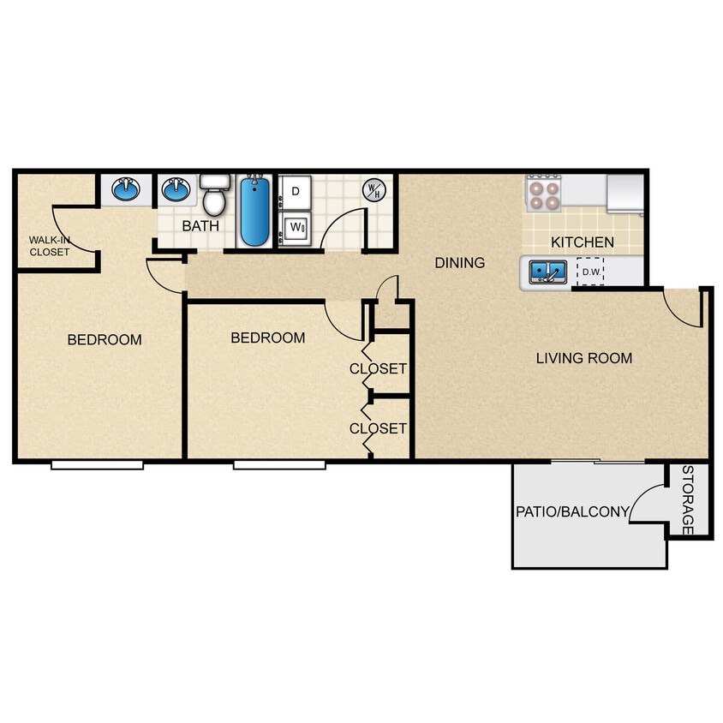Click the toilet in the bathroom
pos(214,196)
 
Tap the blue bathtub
pos(253,211)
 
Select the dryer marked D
pos(296,192)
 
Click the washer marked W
pos(296,228)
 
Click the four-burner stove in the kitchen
pos(543,192)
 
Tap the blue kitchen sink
pos(547,272)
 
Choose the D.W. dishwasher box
pos(590,272)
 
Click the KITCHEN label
pos(583,242)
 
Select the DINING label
pos(459,263)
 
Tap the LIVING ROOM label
pos(584,358)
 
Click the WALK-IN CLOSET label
pos(50,246)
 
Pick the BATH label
pos(200,227)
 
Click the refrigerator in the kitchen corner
pos(624,193)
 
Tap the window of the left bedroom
pos(97,465)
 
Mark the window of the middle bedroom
pos(279,465)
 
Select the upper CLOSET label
pos(378,369)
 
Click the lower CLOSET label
pos(378,428)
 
